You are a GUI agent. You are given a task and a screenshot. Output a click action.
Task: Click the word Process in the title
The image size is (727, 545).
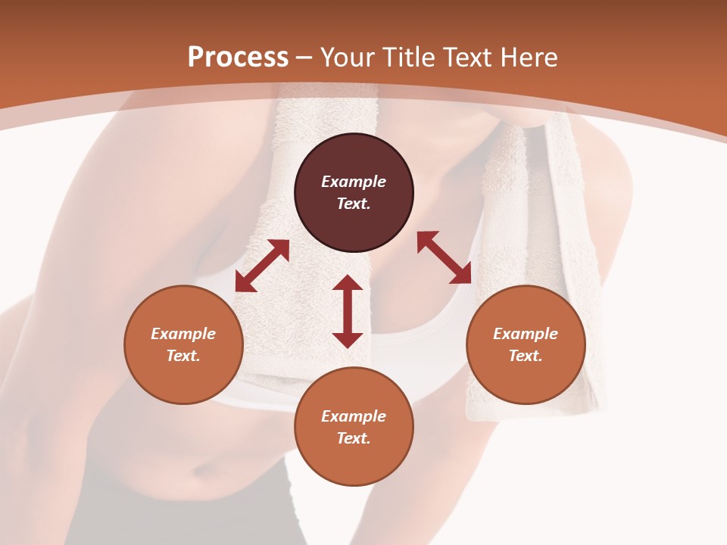pyautogui.click(x=238, y=58)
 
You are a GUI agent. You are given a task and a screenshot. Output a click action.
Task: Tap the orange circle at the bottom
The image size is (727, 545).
pyautogui.click(x=354, y=462)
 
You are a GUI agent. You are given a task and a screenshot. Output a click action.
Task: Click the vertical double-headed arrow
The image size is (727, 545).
pyautogui.click(x=348, y=311)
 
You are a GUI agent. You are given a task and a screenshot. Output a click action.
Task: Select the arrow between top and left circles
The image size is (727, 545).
pyautogui.click(x=262, y=266)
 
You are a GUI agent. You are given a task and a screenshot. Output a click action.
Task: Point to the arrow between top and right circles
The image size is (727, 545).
pyautogui.click(x=444, y=257)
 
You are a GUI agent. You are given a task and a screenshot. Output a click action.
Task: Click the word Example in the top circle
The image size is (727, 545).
pyautogui.click(x=354, y=182)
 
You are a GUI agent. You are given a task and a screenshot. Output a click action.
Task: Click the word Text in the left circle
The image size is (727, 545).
pyautogui.click(x=183, y=356)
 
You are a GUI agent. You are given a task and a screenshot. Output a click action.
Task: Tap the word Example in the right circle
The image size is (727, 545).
pyautogui.click(x=526, y=334)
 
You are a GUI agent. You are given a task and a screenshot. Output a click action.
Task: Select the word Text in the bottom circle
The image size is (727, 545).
pyautogui.click(x=354, y=438)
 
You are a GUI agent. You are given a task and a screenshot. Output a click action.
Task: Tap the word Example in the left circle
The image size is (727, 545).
pyautogui.click(x=183, y=334)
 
